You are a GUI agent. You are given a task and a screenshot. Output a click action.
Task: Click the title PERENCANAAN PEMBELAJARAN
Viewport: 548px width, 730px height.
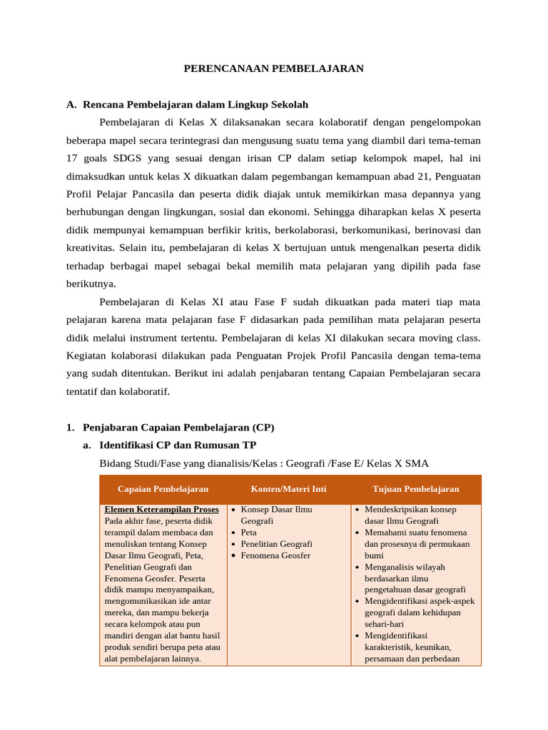tap(274, 68)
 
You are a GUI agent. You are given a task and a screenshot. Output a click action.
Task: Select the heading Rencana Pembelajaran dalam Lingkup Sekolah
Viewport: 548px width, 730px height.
tap(196, 104)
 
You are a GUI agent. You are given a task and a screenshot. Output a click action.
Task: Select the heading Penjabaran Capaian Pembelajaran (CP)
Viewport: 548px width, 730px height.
tap(178, 427)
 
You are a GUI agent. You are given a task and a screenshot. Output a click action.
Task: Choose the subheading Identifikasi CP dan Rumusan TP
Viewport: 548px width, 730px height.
tap(178, 445)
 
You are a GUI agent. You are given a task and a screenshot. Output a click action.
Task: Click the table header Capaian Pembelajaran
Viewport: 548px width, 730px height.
tap(163, 489)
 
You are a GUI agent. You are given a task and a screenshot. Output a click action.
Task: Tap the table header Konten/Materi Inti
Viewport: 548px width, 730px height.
tap(288, 489)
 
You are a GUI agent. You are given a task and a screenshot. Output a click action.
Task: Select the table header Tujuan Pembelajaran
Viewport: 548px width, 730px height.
tap(416, 489)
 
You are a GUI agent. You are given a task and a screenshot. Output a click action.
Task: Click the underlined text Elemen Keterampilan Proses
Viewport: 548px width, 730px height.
tap(161, 510)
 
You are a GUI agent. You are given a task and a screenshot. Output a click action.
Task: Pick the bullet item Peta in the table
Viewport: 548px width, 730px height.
tap(248, 533)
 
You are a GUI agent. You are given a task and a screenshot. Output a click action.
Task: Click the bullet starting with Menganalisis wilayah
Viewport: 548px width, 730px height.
tap(405, 567)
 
